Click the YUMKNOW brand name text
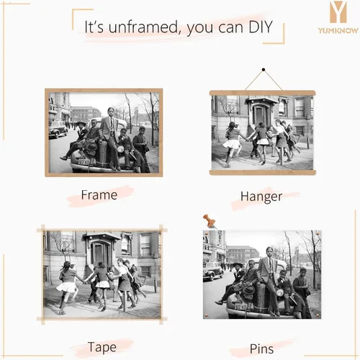click(338, 30)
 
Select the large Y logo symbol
click(338, 12)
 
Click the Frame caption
click(99, 194)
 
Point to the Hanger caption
click(261, 197)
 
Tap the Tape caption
click(102, 347)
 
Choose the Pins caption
click(261, 348)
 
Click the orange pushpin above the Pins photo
click(210, 221)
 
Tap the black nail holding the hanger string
click(264, 70)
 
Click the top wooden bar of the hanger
click(262, 93)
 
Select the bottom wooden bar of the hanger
click(262, 172)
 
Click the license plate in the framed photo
click(84, 162)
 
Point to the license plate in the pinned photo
click(240, 307)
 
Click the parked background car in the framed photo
click(58, 129)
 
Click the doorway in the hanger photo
click(260, 114)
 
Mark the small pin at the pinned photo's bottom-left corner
click(206, 314)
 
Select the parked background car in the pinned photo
click(212, 271)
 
